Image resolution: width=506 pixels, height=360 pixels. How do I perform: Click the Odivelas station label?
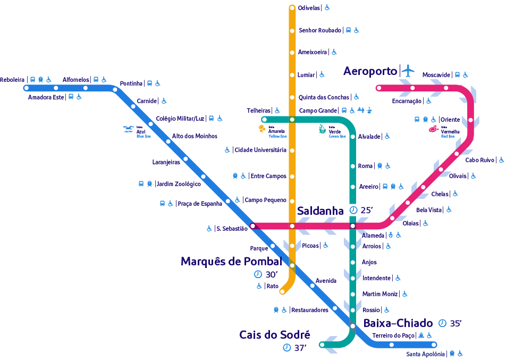click(x=309, y=8)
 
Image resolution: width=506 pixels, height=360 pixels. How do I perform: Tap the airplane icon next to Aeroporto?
click(x=408, y=71)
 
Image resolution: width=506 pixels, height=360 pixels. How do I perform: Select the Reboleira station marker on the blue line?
click(x=27, y=88)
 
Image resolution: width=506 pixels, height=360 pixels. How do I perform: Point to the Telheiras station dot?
click(x=264, y=120)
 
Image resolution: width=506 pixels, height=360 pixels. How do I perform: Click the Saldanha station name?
click(x=320, y=211)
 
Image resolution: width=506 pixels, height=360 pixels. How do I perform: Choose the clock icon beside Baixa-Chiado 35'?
click(x=442, y=323)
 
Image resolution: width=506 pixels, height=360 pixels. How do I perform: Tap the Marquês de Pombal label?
click(x=231, y=261)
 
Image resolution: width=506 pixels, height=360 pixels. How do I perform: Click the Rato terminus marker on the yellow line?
click(x=282, y=291)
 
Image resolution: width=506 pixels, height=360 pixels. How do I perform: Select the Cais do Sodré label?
click(x=275, y=335)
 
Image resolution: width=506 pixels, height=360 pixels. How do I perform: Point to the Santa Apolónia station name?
click(x=425, y=354)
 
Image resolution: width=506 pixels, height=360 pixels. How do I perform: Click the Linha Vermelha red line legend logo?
click(x=433, y=129)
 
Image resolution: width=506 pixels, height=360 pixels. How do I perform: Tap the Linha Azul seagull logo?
click(x=129, y=129)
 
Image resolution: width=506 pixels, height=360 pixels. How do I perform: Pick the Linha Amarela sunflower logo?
click(x=262, y=129)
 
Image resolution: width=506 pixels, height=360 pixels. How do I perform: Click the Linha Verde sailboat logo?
click(x=322, y=129)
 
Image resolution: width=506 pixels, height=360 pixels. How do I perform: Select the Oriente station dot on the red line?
click(x=470, y=120)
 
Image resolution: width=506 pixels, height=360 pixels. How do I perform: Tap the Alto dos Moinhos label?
click(x=195, y=136)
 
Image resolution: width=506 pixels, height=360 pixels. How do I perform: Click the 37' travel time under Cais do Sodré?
click(x=300, y=348)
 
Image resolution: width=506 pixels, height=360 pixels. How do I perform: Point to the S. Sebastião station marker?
click(x=252, y=225)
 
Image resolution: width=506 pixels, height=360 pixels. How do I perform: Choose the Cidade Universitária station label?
click(x=260, y=150)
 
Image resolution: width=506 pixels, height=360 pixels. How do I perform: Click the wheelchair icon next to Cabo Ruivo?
click(x=502, y=160)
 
